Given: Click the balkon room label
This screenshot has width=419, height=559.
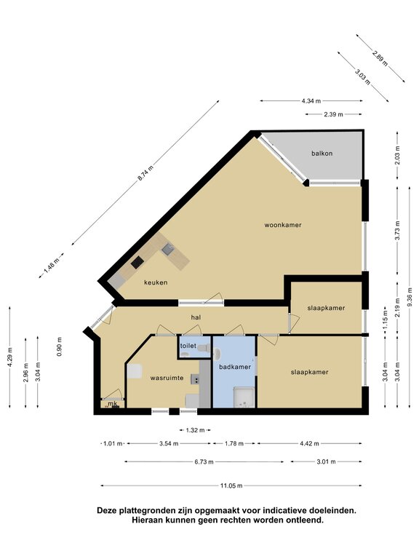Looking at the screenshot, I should click(322, 154).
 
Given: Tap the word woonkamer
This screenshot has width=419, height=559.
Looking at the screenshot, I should click(282, 225).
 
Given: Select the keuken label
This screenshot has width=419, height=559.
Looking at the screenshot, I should click(156, 282).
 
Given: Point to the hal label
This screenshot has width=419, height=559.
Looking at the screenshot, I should click(196, 317).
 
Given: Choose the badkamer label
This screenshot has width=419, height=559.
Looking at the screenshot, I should click(235, 367).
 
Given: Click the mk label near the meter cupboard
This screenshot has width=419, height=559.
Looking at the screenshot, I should click(112, 404).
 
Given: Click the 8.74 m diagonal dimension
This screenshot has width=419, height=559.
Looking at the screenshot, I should click(148, 172).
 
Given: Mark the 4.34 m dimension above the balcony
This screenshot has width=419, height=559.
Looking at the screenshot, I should click(312, 100).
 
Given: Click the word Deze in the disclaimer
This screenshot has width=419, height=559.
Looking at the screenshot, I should click(109, 511).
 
